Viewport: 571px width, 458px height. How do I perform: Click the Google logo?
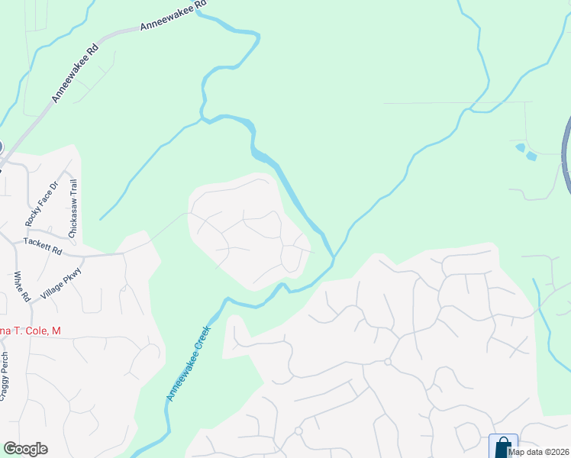click(x=25, y=449)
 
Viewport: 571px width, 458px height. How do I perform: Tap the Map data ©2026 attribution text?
click(x=539, y=452)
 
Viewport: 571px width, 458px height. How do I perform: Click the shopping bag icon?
click(x=503, y=446)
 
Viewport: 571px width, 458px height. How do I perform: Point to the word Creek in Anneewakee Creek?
click(x=199, y=348)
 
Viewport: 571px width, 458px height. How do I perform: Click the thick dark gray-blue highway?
click(x=566, y=153)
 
